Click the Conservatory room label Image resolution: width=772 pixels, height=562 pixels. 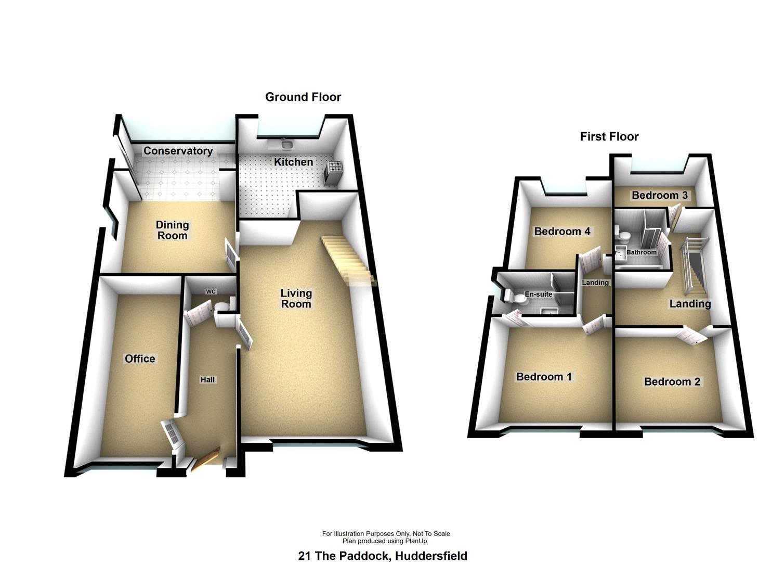click(x=178, y=151)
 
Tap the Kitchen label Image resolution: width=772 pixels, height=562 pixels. click(x=293, y=162)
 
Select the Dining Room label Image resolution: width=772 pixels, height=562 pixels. click(x=172, y=230)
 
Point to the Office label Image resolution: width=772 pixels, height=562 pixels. click(x=140, y=359)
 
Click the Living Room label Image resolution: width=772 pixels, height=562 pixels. click(x=296, y=299)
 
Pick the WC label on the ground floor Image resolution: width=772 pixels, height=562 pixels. click(x=211, y=291)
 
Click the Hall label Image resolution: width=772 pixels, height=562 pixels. click(x=207, y=380)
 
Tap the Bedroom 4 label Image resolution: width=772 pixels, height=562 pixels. click(x=562, y=231)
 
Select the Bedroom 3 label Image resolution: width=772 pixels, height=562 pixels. click(x=660, y=195)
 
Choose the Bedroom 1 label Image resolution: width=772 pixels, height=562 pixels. click(x=544, y=376)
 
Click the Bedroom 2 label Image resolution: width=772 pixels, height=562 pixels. click(x=672, y=381)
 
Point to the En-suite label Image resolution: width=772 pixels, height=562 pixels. click(x=538, y=295)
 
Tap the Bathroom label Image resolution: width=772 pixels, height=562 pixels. click(x=641, y=252)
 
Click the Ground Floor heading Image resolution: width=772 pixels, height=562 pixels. click(x=303, y=97)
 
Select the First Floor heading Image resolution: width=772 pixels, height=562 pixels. click(x=609, y=136)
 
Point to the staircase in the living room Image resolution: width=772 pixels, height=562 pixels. click(x=347, y=260)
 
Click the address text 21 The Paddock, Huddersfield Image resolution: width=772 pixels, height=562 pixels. click(x=383, y=556)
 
